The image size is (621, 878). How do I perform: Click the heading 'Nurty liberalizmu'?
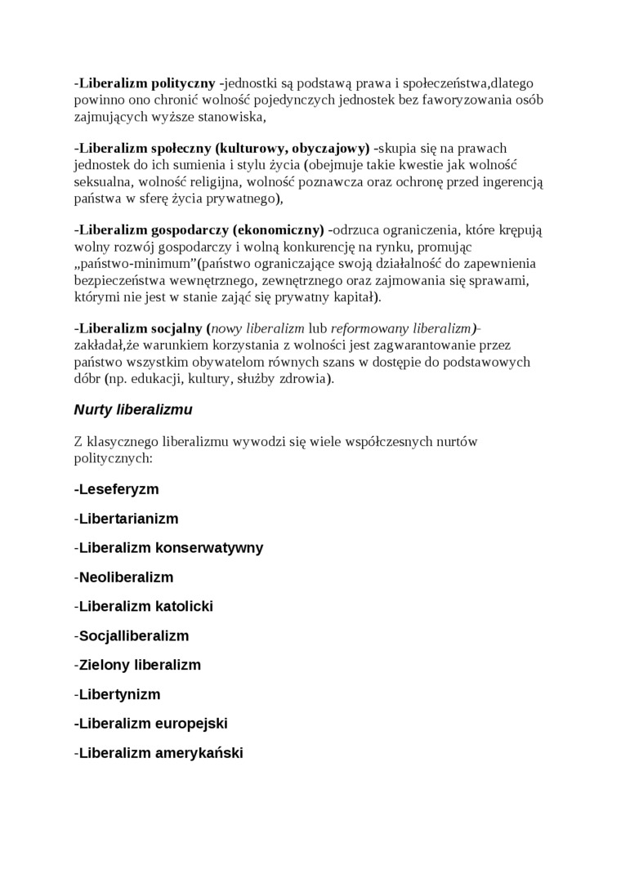tap(133, 409)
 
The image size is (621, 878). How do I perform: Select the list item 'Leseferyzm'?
tap(116, 489)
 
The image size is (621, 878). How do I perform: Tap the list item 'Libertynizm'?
tap(119, 694)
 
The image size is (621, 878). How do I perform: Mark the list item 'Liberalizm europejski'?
tap(150, 724)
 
